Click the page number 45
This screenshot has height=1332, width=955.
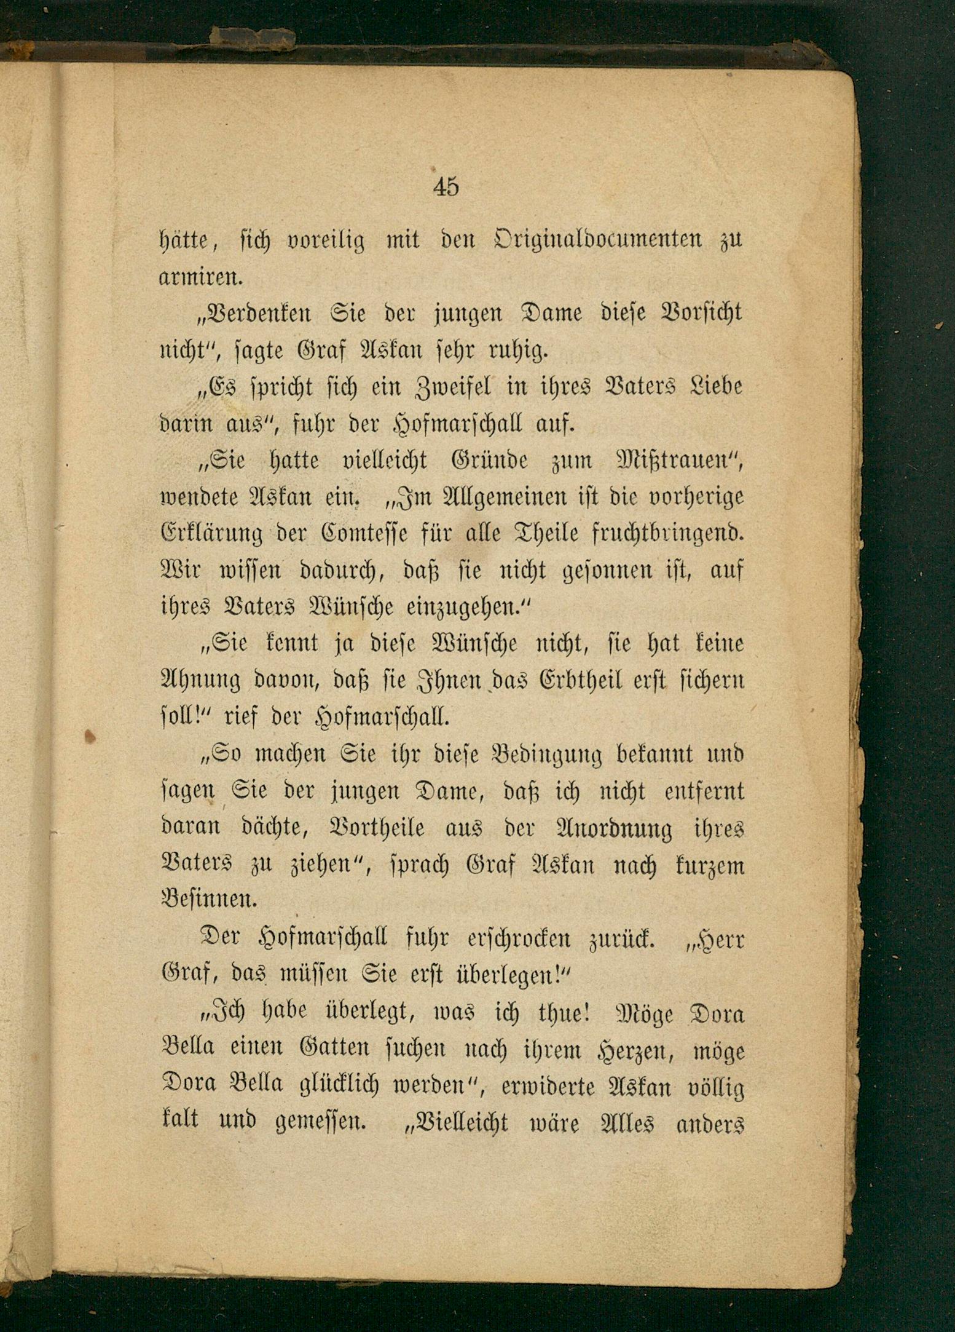coord(446,186)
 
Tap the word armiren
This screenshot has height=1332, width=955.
coord(201,277)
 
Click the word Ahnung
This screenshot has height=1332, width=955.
coord(197,681)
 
